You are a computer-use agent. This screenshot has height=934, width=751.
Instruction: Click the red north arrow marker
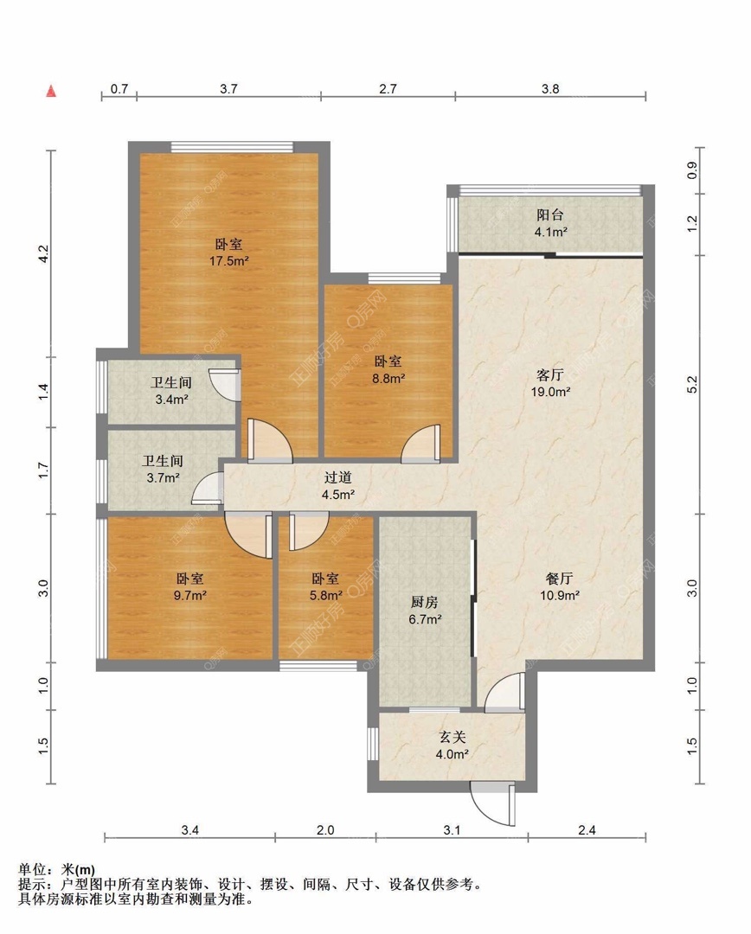[x=52, y=91]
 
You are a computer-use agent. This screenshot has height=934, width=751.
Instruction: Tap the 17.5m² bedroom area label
[x=229, y=260]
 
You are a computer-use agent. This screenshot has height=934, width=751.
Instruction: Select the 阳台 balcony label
[x=550, y=214]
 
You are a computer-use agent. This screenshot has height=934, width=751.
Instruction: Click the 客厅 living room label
[x=549, y=374]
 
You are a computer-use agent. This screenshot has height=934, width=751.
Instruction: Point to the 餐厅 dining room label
[x=559, y=578]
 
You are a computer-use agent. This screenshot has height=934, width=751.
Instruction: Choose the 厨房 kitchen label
[x=424, y=602]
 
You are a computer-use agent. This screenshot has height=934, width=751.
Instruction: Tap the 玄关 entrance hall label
[x=452, y=737]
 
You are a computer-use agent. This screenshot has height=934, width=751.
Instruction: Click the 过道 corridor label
[x=338, y=477]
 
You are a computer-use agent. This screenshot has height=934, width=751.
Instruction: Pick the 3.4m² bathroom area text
[x=171, y=399]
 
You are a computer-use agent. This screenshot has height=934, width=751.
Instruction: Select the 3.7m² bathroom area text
[x=164, y=477]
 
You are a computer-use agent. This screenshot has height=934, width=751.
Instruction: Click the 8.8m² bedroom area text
[x=388, y=378]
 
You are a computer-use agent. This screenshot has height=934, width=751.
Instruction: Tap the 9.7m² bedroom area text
[x=190, y=594]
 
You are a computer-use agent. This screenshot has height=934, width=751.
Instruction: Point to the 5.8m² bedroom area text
[x=326, y=594]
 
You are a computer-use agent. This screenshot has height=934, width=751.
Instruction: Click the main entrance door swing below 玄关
[x=493, y=804]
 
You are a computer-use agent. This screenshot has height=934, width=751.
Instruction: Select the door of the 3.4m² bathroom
[x=225, y=384]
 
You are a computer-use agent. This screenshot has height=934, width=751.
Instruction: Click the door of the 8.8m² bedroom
[x=420, y=444]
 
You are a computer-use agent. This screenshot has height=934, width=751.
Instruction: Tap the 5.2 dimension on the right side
[x=692, y=385]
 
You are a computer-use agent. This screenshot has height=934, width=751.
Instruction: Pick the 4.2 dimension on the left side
[x=43, y=254]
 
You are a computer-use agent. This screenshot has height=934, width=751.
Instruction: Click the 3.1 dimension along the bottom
[x=452, y=829]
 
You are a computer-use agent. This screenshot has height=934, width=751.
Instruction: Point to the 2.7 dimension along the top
[x=388, y=89]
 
